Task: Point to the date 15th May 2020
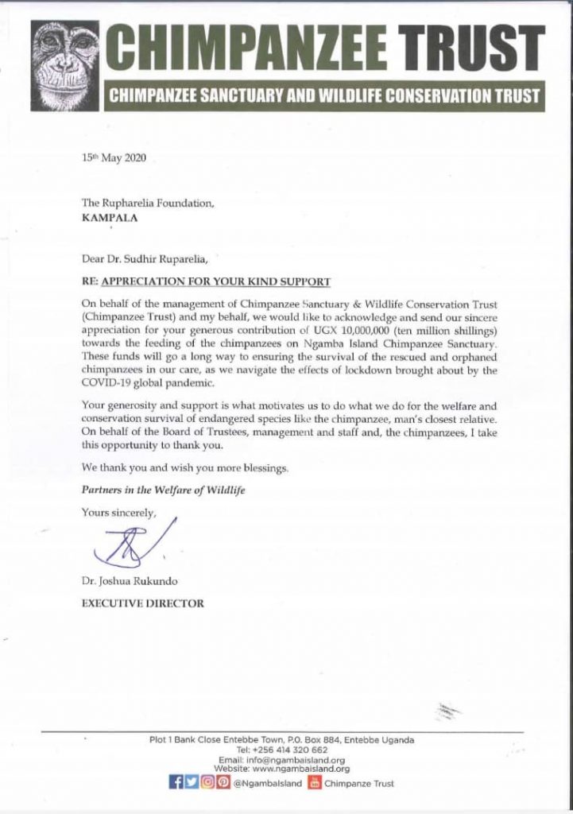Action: pyautogui.click(x=114, y=159)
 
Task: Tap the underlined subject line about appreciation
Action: pyautogui.click(x=206, y=282)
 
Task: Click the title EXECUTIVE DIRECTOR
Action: pyautogui.click(x=143, y=604)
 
